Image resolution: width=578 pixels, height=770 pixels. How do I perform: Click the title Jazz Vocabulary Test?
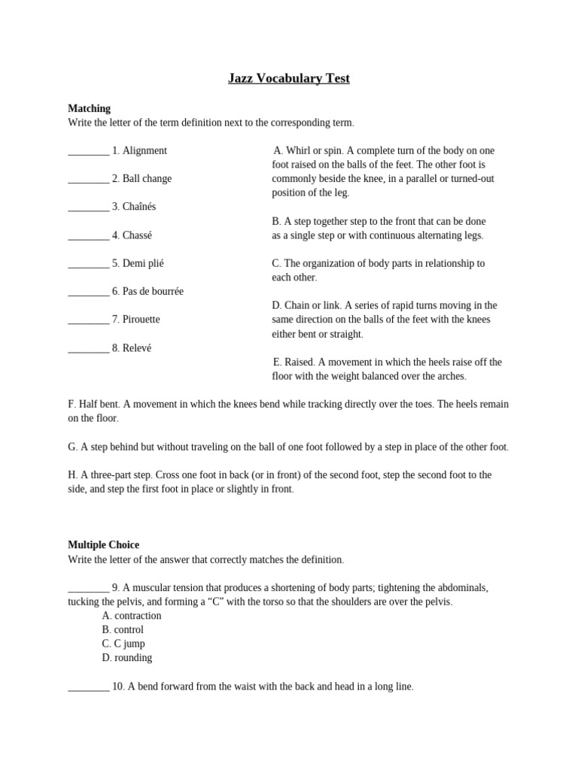click(x=289, y=78)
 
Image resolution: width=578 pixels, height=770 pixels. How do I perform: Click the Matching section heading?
click(x=89, y=108)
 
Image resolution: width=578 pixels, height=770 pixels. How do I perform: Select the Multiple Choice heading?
click(x=103, y=544)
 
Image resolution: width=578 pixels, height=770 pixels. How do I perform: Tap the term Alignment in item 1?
click(x=144, y=150)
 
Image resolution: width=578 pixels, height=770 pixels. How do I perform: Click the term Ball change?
click(x=147, y=178)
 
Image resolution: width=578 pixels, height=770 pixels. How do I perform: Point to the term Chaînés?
click(x=139, y=207)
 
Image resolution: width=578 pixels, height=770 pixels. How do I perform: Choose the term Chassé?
click(x=137, y=235)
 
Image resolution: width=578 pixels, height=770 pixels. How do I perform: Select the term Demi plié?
click(x=143, y=263)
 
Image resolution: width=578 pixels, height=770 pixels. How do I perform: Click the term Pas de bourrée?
click(x=153, y=291)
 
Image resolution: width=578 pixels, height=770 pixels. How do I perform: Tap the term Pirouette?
click(x=141, y=320)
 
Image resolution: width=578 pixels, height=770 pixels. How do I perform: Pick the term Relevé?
click(x=137, y=348)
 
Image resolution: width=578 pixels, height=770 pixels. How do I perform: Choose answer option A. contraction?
click(x=132, y=616)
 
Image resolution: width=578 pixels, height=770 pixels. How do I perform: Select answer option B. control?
click(x=123, y=629)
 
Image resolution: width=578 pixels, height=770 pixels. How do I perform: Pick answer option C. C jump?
click(x=123, y=644)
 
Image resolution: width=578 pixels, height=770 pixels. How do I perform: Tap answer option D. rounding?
click(x=127, y=658)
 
